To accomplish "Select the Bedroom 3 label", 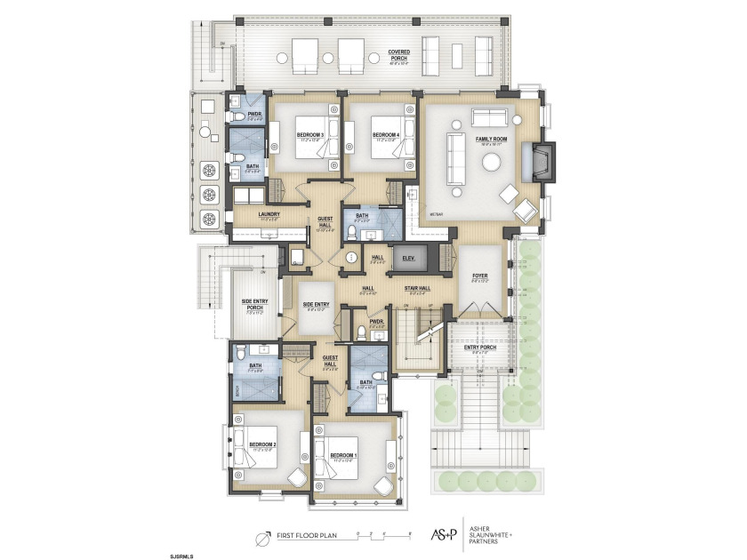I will [311, 136].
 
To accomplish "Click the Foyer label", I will [479, 276].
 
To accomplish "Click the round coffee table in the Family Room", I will [491, 162].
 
